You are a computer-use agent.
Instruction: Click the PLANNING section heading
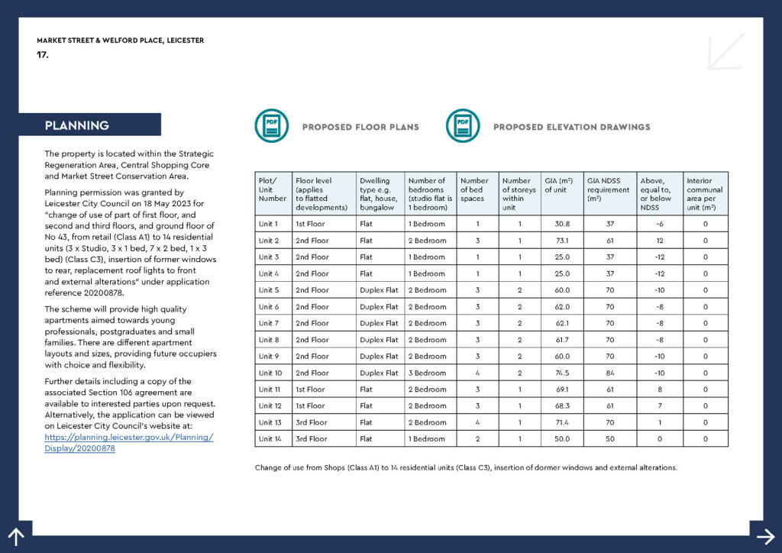pyautogui.click(x=77, y=125)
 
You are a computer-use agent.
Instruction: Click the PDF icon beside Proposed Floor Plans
pyautogui.click(x=271, y=126)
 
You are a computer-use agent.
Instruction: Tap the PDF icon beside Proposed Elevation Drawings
pyautogui.click(x=463, y=126)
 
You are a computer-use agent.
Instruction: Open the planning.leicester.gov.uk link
pyautogui.click(x=129, y=443)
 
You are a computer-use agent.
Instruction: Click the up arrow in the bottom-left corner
pyautogui.click(x=15, y=536)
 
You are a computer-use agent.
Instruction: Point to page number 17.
pyautogui.click(x=43, y=54)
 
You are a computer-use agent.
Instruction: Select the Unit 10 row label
pyautogui.click(x=271, y=374)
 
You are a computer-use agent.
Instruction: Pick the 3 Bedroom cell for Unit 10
pyautogui.click(x=428, y=374)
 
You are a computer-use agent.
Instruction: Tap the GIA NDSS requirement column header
pyautogui.click(x=609, y=189)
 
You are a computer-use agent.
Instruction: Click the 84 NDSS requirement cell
pyautogui.click(x=609, y=374)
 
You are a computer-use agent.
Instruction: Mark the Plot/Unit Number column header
pyautogui.click(x=273, y=189)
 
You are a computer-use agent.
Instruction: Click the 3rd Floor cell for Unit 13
pyautogui.click(x=312, y=422)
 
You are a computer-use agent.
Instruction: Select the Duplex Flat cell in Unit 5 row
pyautogui.click(x=380, y=290)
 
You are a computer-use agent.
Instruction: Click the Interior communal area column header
pyautogui.click(x=704, y=194)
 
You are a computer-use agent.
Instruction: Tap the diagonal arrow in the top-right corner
pyautogui.click(x=725, y=51)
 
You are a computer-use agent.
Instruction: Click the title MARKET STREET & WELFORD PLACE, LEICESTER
pyautogui.click(x=120, y=40)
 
